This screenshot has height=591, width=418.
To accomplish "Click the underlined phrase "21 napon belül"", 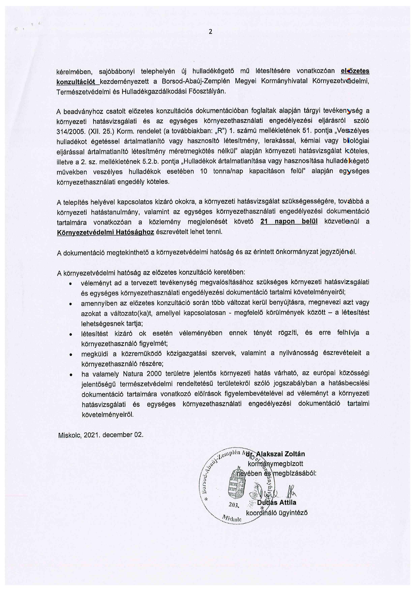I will pyautogui.click(x=289, y=222).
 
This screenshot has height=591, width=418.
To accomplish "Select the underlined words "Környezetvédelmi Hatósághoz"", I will pyautogui.click(x=105, y=232).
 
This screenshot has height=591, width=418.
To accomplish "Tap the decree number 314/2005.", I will pyautogui.click(x=70, y=131).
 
